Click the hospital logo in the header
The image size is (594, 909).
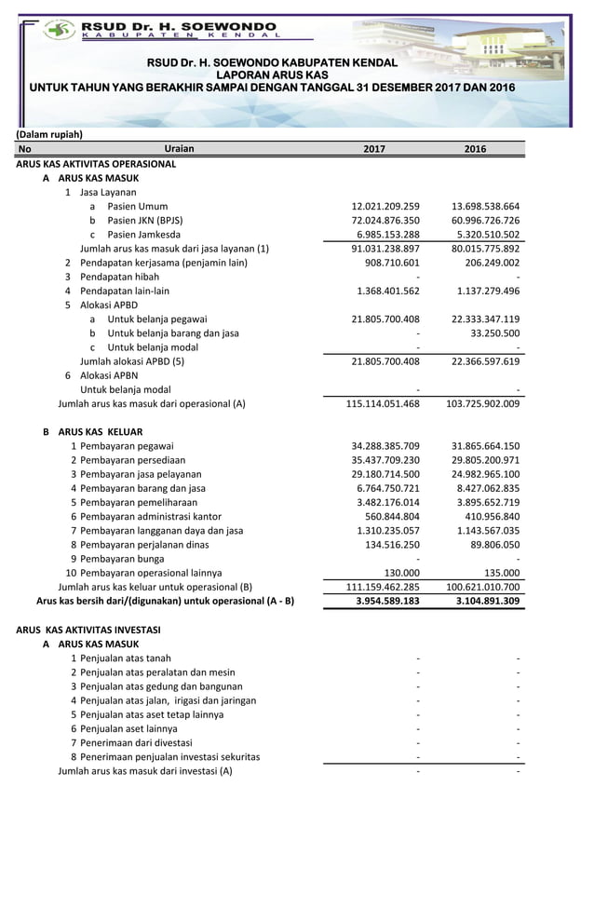pyautogui.click(x=60, y=29)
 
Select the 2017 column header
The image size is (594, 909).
pyautogui.click(x=373, y=149)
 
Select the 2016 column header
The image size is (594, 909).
pyautogui.click(x=476, y=149)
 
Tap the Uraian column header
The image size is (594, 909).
pyautogui.click(x=179, y=149)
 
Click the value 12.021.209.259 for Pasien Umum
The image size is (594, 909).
pyautogui.click(x=385, y=206)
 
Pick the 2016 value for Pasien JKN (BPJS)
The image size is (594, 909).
pyautogui.click(x=485, y=220)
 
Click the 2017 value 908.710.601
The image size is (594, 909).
pyautogui.click(x=392, y=263)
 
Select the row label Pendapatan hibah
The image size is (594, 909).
pyautogui.click(x=119, y=277)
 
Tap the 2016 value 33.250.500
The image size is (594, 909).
pyautogui.click(x=495, y=332)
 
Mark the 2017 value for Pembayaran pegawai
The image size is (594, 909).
pyautogui.click(x=385, y=445)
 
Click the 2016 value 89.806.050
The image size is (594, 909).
pyautogui.click(x=495, y=544)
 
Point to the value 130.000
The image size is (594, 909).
pyautogui.click(x=402, y=573)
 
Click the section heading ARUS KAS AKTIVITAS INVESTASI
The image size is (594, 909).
pyautogui.click(x=88, y=630)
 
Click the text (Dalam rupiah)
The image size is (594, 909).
pyautogui.click(x=49, y=134)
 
